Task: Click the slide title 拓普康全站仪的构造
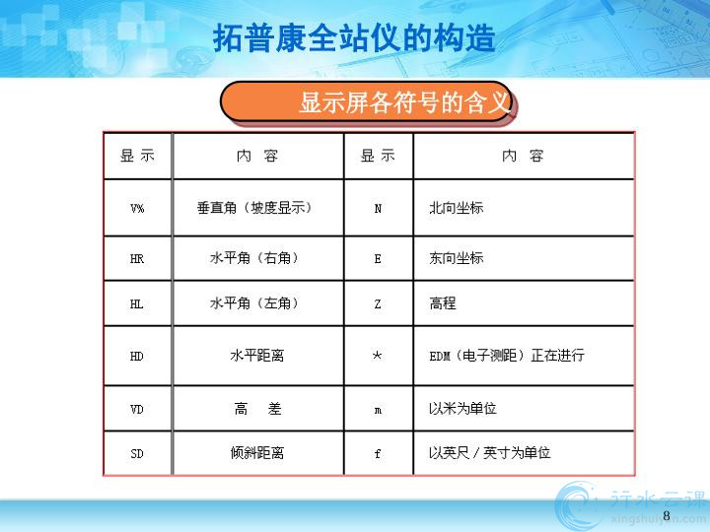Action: (354, 38)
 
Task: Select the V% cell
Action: (137, 208)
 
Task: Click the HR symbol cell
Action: (137, 259)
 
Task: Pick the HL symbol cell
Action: (137, 304)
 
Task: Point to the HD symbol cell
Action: (137, 357)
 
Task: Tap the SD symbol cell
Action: (137, 454)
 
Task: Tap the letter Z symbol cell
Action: (378, 304)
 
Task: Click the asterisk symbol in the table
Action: (377, 356)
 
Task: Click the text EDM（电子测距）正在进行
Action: (507, 356)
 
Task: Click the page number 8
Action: (666, 515)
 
